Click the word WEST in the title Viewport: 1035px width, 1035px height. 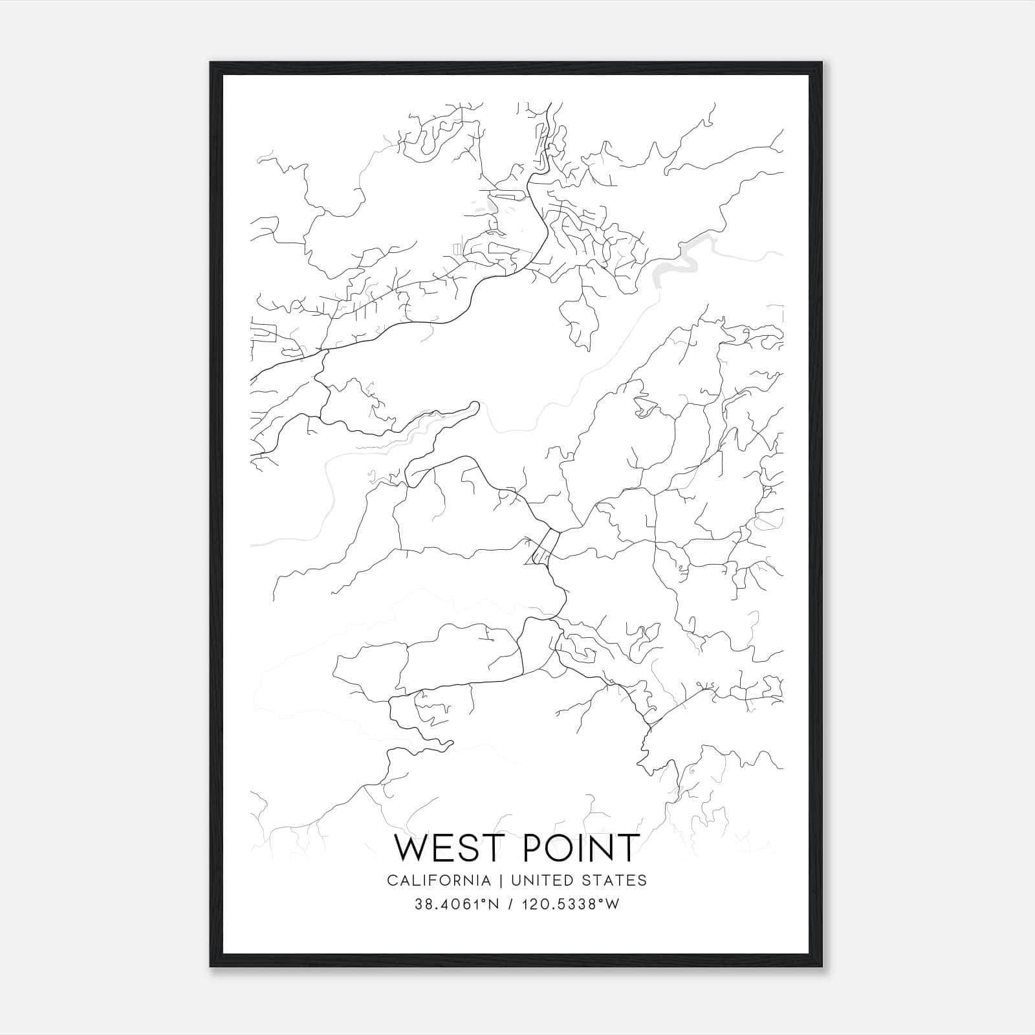(x=447, y=848)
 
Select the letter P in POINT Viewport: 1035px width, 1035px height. (x=527, y=848)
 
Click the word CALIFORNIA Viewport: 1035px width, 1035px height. (x=439, y=880)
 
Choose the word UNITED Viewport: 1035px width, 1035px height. (x=542, y=880)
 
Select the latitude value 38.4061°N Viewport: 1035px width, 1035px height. (x=456, y=904)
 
